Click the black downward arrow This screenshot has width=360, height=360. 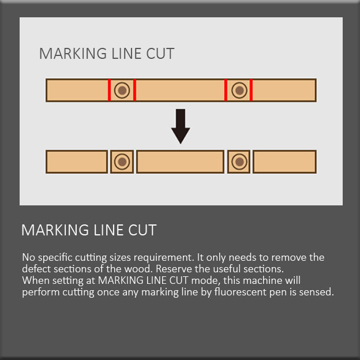pos(181,126)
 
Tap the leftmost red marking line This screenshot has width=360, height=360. pos(109,90)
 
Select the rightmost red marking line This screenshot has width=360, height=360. pos(251,90)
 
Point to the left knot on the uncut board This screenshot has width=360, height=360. pos(122,90)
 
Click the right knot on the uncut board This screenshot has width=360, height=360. pos(239,90)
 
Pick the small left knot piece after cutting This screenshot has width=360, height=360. pos(122,162)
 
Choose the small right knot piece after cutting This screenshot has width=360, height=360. pos(239,162)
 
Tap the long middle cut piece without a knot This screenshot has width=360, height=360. pos(180,162)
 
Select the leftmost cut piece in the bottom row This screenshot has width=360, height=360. pos(77,162)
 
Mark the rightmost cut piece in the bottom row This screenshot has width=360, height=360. pos(284,162)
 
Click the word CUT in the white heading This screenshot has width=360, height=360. pos(142,230)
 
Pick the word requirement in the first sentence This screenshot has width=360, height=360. pos(164,258)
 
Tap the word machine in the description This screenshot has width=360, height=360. pos(262,280)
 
